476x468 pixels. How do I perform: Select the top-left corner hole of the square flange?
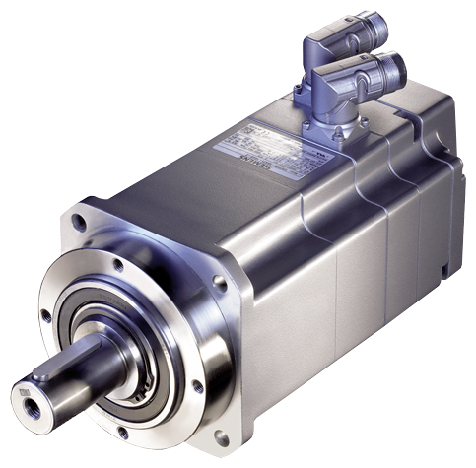[88, 211]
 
